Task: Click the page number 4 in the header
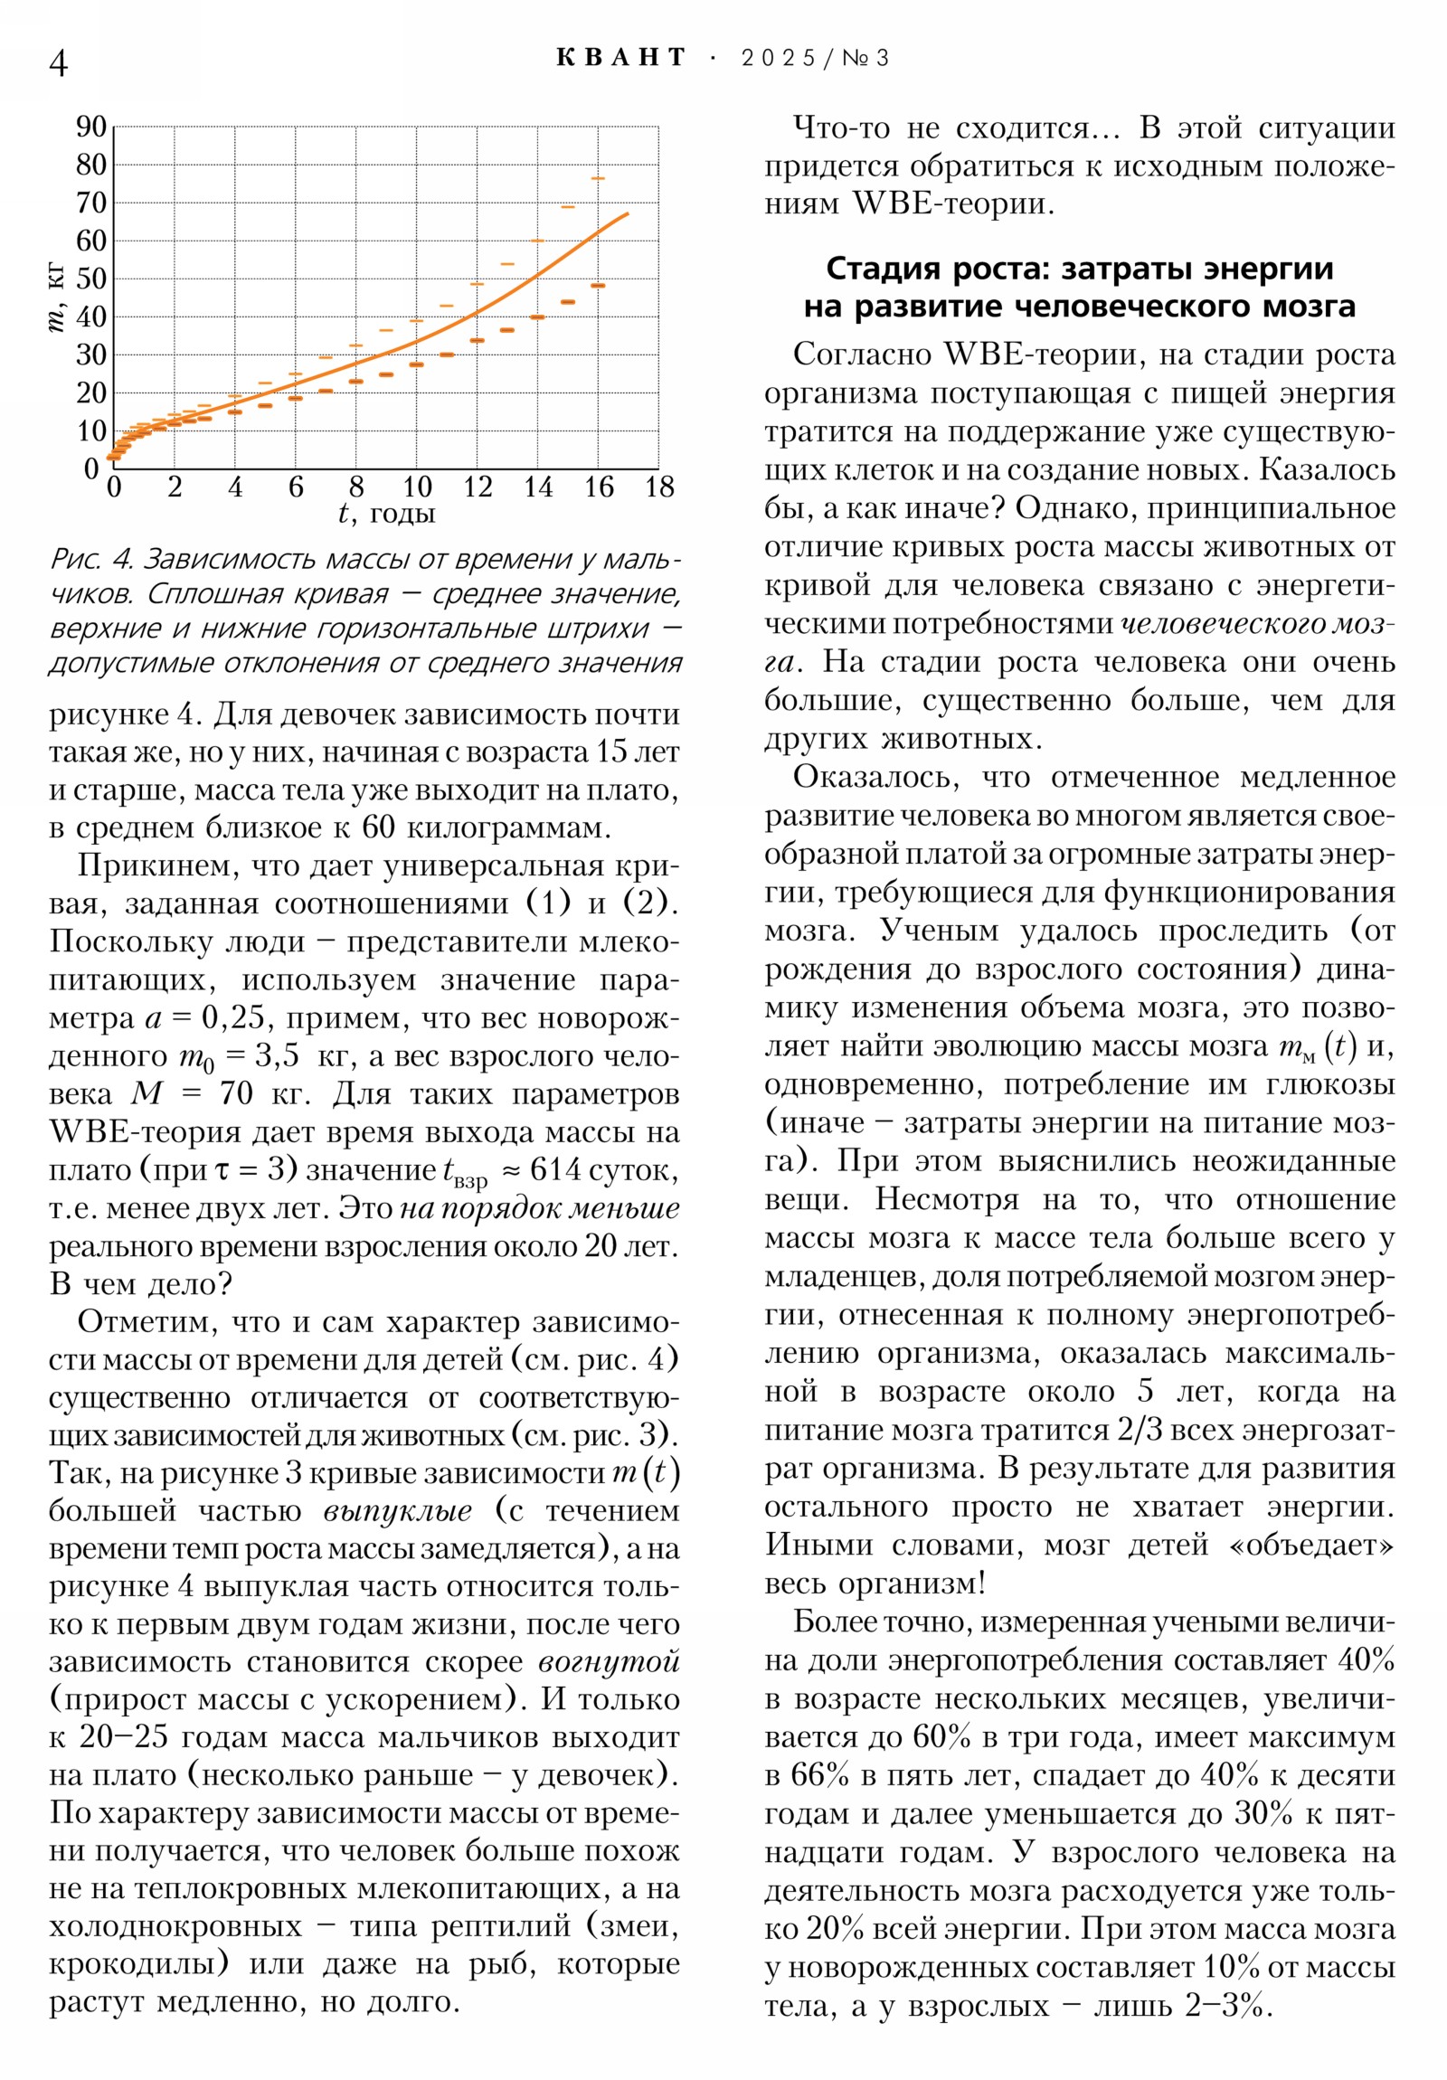[x=58, y=62]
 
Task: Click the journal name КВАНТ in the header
[x=620, y=58]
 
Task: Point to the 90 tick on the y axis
[x=91, y=127]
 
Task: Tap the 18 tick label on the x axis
[x=659, y=487]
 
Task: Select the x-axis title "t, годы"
[x=386, y=514]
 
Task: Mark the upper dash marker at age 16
[x=598, y=178]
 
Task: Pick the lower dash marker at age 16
[x=598, y=286]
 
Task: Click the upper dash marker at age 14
[x=537, y=240]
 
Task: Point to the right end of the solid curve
[x=628, y=213]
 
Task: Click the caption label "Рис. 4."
[x=90, y=559]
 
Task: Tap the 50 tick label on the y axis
[x=91, y=279]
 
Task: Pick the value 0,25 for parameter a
[x=232, y=1017]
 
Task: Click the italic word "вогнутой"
[x=609, y=1660]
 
